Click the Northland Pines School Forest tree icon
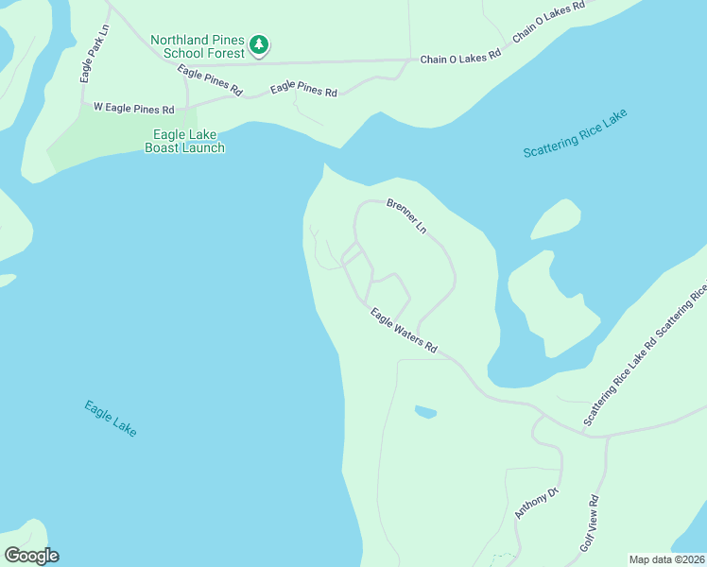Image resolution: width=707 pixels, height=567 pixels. [x=259, y=44]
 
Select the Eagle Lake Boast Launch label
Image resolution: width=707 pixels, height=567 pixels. [x=184, y=142]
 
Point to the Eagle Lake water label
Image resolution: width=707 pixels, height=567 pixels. [x=111, y=419]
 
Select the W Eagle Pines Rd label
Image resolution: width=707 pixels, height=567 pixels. [x=134, y=109]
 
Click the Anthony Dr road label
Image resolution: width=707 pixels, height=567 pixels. [x=538, y=502]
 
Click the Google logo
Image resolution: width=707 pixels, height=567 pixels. [x=31, y=556]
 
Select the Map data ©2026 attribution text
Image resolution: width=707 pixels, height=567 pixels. [x=667, y=559]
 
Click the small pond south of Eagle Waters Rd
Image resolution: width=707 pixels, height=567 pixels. [x=425, y=412]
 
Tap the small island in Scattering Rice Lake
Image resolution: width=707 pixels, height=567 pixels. [x=556, y=220]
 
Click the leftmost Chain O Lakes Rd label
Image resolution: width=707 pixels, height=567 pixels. [x=460, y=59]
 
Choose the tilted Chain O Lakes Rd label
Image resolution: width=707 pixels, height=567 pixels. [x=549, y=21]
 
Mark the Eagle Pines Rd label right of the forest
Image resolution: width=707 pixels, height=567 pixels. [x=303, y=91]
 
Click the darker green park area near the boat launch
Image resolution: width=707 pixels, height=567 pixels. [x=104, y=142]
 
